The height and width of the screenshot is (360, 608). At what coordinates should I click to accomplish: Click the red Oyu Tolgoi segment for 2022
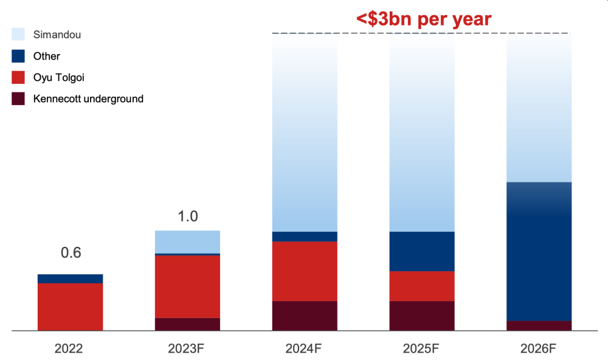(x=70, y=306)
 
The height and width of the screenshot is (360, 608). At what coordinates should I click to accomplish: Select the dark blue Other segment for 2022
(x=70, y=279)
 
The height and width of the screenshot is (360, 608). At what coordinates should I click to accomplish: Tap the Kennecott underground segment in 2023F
(x=187, y=324)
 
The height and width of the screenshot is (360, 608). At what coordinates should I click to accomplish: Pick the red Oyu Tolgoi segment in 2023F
(x=187, y=286)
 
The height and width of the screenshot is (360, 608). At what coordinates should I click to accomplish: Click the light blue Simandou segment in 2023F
(x=187, y=241)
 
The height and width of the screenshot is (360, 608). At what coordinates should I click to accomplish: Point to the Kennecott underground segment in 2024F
(x=305, y=316)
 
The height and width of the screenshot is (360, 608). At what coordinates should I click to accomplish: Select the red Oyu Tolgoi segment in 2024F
(x=305, y=271)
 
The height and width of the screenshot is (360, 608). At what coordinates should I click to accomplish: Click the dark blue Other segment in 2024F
(x=305, y=237)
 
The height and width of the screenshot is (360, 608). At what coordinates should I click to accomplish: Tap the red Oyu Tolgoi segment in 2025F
(x=422, y=286)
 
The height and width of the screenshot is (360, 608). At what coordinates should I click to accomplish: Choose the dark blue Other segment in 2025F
(x=422, y=251)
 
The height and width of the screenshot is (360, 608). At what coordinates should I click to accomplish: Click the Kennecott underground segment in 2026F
(x=539, y=325)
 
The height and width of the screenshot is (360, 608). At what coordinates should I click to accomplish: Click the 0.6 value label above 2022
(x=71, y=253)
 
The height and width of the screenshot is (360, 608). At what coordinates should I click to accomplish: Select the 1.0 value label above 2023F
(x=188, y=216)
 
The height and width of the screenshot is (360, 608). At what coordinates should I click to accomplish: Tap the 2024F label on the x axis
(x=305, y=349)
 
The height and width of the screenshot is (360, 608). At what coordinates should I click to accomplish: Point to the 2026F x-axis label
(x=539, y=349)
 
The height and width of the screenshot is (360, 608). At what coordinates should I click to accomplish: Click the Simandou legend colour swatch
(x=18, y=35)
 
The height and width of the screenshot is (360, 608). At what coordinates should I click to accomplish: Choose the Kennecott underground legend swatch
(x=18, y=99)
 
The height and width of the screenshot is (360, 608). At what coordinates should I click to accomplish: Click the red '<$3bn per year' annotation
(x=423, y=18)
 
